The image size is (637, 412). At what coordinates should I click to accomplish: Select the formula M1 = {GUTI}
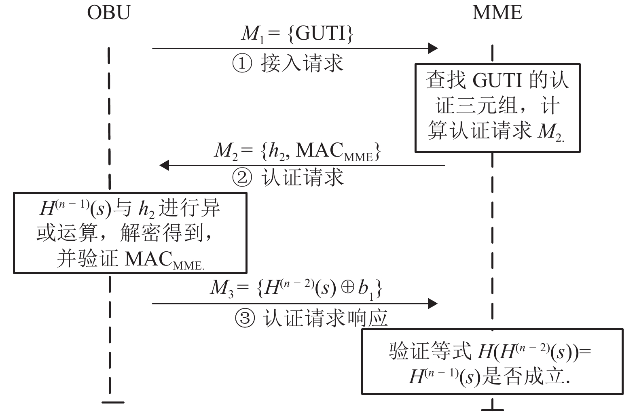(297, 33)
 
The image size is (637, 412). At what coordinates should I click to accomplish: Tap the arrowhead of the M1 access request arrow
(433, 48)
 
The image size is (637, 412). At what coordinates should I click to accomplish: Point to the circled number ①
(242, 64)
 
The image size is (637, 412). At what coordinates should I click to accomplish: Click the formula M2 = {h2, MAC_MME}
(297, 151)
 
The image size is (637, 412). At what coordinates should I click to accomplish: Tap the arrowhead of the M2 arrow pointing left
(164, 165)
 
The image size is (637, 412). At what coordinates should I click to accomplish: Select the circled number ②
(242, 178)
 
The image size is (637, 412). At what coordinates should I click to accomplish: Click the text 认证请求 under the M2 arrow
(303, 178)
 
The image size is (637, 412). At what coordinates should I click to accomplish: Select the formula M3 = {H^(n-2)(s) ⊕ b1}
(296, 288)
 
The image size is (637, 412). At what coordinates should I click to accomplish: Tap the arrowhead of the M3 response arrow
(433, 303)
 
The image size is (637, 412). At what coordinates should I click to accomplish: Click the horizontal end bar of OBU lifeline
(113, 402)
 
